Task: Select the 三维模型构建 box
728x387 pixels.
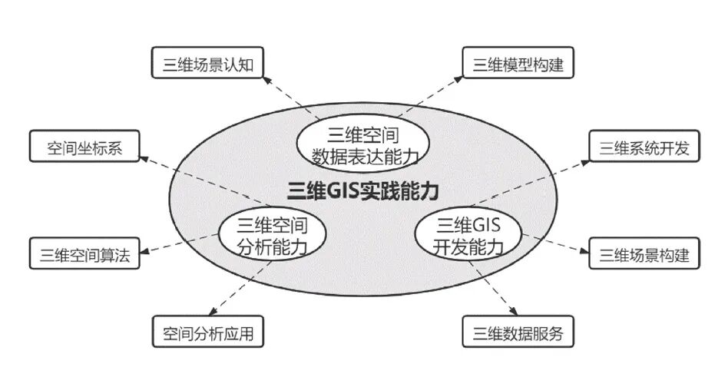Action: click(x=518, y=64)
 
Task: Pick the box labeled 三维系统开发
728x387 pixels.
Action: click(x=644, y=147)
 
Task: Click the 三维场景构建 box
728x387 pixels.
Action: click(x=644, y=254)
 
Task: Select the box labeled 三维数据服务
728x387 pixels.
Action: click(x=518, y=333)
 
